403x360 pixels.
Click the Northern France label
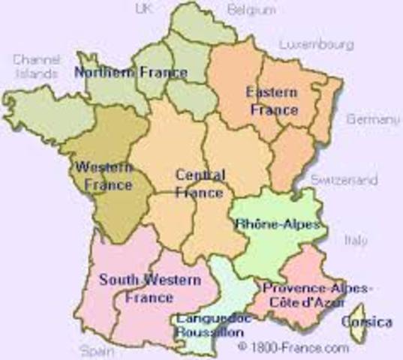pyautogui.click(x=130, y=73)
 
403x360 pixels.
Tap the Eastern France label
pyautogui.click(x=271, y=100)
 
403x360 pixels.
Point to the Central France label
pyautogui.click(x=199, y=184)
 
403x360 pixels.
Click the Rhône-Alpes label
pyautogui.click(x=277, y=223)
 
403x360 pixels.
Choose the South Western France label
pyautogui.click(x=149, y=288)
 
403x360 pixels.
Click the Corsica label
pyautogui.click(x=366, y=322)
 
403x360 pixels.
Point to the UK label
pyautogui.click(x=143, y=9)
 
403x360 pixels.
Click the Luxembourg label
pyautogui.click(x=316, y=45)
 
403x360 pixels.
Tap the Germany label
pyautogui.click(x=372, y=119)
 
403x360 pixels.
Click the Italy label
pyautogui.click(x=356, y=241)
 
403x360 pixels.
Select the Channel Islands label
pyautogui.click(x=35, y=67)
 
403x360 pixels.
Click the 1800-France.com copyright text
pyautogui.click(x=293, y=347)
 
